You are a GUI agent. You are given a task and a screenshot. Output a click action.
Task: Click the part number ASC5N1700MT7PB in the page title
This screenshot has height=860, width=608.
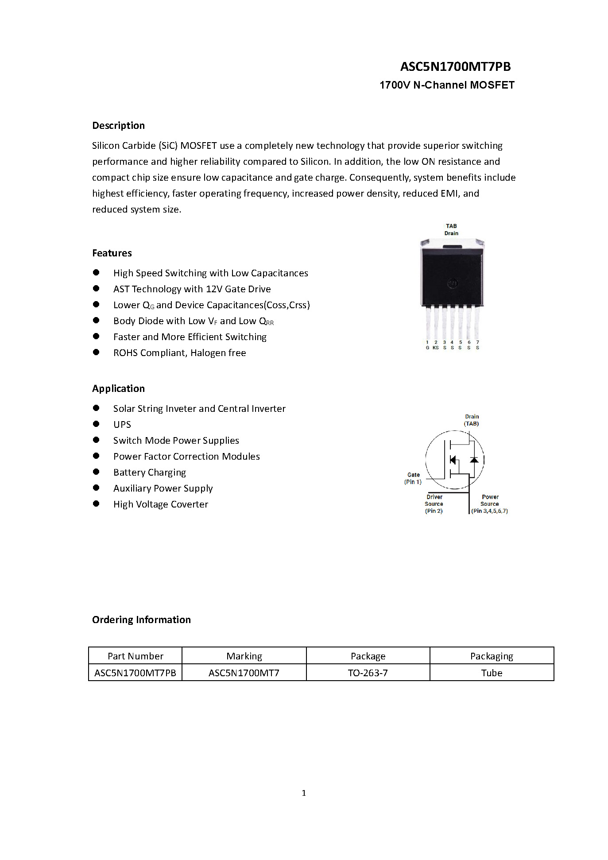tap(455, 66)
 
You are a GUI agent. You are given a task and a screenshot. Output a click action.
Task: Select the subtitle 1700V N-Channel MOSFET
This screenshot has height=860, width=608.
tap(447, 85)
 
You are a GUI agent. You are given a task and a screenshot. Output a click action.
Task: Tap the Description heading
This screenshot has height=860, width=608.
tap(118, 125)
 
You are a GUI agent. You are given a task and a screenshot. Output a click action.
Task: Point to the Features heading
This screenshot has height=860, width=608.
tap(112, 253)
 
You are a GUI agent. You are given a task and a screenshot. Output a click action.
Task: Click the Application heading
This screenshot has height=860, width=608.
tap(118, 388)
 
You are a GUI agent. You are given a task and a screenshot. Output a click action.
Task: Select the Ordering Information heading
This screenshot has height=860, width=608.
tap(141, 620)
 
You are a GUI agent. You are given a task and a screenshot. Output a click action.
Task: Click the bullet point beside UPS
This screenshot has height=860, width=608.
tap(96, 424)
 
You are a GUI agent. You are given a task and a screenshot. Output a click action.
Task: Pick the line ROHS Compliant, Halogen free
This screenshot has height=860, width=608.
tap(179, 353)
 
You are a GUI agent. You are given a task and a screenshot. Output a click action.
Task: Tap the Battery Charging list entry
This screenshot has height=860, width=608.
tap(150, 472)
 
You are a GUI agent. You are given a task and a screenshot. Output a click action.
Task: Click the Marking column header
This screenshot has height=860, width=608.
tap(244, 656)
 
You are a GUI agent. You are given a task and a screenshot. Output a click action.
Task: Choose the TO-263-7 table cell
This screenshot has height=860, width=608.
tap(368, 673)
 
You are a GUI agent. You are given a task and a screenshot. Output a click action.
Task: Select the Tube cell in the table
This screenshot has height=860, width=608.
tap(492, 673)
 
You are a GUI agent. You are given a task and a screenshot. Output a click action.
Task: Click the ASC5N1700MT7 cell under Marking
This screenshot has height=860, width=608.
tap(244, 673)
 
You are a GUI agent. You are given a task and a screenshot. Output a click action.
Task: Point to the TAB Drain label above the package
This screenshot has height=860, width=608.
tap(451, 229)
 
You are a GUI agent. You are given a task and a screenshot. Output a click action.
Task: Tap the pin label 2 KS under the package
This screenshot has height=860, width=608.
tap(436, 345)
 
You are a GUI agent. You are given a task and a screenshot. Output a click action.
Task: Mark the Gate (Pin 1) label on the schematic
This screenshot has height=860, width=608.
tap(413, 478)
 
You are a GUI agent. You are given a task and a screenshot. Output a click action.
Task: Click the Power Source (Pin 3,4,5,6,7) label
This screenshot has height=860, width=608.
tap(490, 504)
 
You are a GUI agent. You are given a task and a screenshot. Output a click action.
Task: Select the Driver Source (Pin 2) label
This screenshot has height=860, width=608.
tap(434, 504)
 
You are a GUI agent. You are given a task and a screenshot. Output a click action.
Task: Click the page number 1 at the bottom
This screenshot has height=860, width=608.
tap(304, 793)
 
